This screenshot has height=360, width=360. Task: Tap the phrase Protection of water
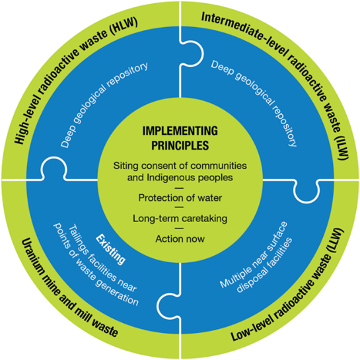point(180,198)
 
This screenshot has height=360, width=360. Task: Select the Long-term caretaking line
point(180,219)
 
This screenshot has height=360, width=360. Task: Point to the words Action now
point(180,240)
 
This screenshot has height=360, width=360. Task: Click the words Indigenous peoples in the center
point(198,176)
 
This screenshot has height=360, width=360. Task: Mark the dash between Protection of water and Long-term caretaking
point(180,208)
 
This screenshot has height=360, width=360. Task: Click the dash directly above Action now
point(180,229)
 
